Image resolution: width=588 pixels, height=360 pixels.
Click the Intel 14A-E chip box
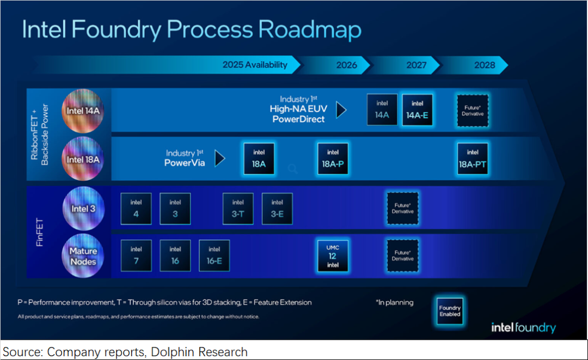pyautogui.click(x=418, y=110)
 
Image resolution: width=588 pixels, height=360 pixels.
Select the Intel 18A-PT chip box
pyautogui.click(x=473, y=159)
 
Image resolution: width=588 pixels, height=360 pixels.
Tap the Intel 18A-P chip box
pyautogui.click(x=333, y=159)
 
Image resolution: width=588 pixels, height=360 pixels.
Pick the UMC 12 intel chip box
pyautogui.click(x=333, y=256)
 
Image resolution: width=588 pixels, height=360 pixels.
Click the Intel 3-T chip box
pyautogui.click(x=238, y=209)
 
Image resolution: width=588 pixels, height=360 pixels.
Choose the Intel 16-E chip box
pyautogui.click(x=214, y=256)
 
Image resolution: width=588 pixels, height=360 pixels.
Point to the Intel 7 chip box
pyautogui.click(x=136, y=256)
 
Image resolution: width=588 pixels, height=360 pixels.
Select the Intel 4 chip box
pyautogui.click(x=136, y=209)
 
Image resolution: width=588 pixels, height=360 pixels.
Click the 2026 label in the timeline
pyautogui.click(x=347, y=65)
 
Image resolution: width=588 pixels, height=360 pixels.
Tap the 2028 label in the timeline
pyautogui.click(x=485, y=65)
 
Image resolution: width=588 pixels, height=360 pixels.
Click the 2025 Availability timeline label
pyautogui.click(x=255, y=65)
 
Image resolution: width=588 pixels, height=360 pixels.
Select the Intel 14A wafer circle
pyautogui.click(x=83, y=111)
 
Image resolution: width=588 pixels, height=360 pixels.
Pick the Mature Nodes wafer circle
pyautogui.click(x=83, y=256)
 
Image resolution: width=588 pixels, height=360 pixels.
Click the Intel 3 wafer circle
pyautogui.click(x=83, y=209)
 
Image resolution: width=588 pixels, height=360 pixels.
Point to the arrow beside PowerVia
pyautogui.click(x=220, y=158)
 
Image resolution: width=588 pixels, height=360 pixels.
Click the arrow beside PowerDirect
pyautogui.click(x=341, y=110)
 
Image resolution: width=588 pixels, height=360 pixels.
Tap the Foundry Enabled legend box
pyautogui.click(x=450, y=311)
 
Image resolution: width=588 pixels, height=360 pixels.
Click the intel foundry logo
pyautogui.click(x=523, y=327)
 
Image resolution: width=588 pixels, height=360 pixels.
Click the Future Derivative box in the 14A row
pyautogui.click(x=473, y=111)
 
